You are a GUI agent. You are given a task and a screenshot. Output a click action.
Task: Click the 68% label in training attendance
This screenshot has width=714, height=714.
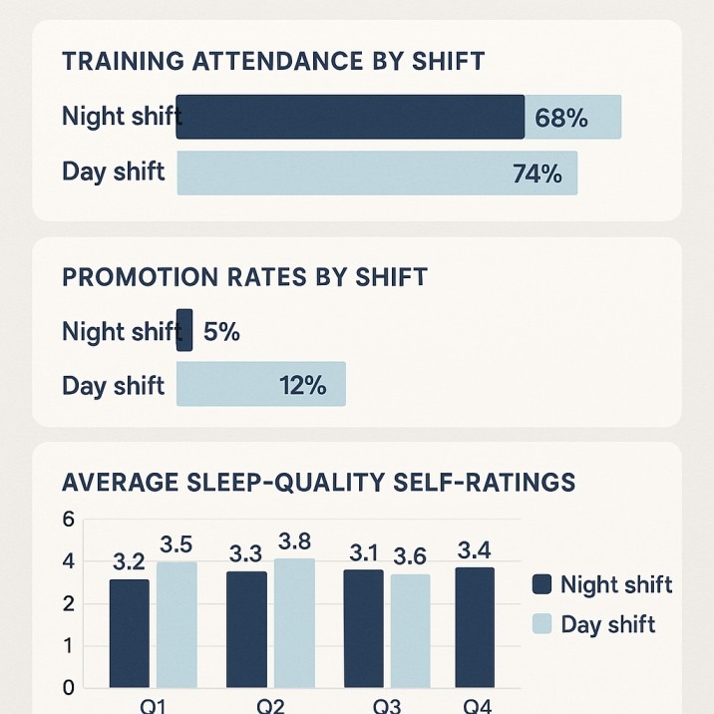coord(561,118)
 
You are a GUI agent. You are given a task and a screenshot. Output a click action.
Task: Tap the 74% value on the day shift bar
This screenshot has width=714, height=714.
coord(537,174)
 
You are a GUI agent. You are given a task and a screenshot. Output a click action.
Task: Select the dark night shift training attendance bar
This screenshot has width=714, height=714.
coord(350,117)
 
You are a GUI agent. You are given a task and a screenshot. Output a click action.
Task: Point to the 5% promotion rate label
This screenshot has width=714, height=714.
coord(221,332)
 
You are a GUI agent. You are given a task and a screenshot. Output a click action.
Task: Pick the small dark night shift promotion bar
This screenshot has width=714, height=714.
coord(184,330)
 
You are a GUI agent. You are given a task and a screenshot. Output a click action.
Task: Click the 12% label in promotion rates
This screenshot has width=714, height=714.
coord(302,385)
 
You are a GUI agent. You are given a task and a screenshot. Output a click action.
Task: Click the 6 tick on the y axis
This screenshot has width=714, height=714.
coord(68,519)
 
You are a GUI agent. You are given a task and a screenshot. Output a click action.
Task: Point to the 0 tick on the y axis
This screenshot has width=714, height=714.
coord(68,688)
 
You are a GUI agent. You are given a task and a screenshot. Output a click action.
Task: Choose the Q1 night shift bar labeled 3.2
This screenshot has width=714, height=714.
coord(130,633)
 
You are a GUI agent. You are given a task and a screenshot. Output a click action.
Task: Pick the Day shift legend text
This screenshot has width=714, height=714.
coord(608,625)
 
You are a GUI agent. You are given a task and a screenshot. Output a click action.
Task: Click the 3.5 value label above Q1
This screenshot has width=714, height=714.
coord(176,545)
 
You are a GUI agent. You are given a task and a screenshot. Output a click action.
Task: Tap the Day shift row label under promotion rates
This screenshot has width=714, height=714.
coord(113,386)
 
